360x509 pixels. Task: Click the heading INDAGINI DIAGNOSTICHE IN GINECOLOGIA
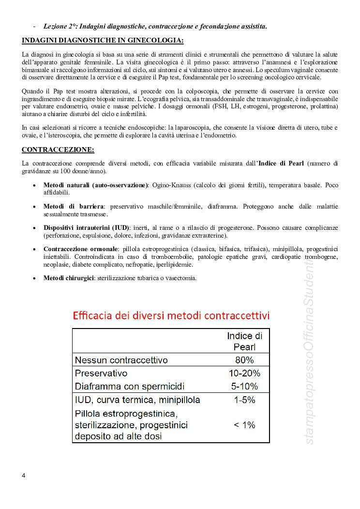point(103,40)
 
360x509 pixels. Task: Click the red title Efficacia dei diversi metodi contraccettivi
point(171,315)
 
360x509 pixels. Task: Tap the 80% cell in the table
point(244,360)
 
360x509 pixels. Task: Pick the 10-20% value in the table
point(244,373)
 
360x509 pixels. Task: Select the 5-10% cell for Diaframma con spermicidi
point(244,386)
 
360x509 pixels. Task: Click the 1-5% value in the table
point(244,400)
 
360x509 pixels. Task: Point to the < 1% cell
point(244,425)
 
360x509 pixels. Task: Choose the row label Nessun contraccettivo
point(121,360)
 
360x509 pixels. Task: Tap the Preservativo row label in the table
point(101,373)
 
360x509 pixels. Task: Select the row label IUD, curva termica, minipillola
point(137,400)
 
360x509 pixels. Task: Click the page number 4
point(24,475)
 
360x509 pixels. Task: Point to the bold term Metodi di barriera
point(74,207)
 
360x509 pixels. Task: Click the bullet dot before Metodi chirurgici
point(33,279)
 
